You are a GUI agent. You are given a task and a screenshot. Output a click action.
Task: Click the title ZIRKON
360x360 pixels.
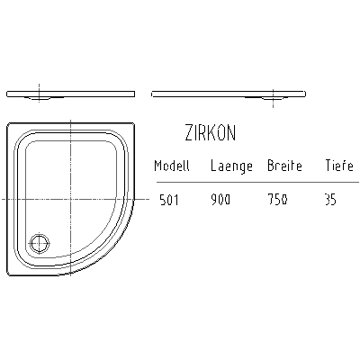pyautogui.click(x=211, y=133)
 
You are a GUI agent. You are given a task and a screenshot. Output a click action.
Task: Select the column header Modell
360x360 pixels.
pyautogui.click(x=172, y=166)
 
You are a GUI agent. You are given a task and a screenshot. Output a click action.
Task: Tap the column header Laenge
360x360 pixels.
pyautogui.click(x=231, y=166)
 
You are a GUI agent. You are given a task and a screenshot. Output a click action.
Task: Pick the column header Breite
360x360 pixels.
pyautogui.click(x=284, y=166)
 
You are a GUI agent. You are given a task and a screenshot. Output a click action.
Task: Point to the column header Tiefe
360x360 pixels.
pyautogui.click(x=339, y=166)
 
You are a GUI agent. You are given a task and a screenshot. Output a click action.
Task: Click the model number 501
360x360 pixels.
pyautogui.click(x=169, y=200)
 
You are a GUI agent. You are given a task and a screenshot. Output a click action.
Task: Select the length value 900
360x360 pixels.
pyautogui.click(x=220, y=200)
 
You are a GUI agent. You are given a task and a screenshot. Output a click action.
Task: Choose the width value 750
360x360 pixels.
pyautogui.click(x=277, y=200)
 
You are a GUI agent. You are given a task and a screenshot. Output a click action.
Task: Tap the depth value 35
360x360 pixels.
pyautogui.click(x=330, y=200)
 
